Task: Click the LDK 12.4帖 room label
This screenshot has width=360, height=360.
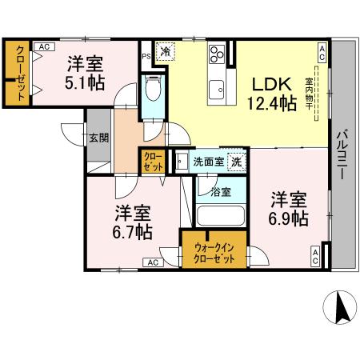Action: [x=272, y=93]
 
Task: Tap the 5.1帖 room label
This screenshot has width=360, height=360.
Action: [x=83, y=71]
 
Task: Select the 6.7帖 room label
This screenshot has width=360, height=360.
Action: [x=131, y=222]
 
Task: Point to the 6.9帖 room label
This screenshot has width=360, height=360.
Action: [x=288, y=209]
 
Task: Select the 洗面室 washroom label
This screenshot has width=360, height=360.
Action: [x=210, y=161]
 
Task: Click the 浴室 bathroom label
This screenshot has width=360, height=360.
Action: [x=221, y=192]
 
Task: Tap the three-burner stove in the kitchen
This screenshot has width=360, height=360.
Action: [x=218, y=55]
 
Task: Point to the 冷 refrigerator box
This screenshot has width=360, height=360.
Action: [x=165, y=52]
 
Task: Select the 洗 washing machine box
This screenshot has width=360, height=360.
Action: [x=237, y=162]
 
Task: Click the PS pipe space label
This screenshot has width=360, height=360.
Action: [x=146, y=57]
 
